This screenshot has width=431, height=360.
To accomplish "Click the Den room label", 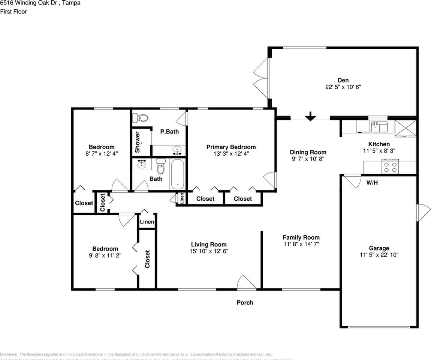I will click(343, 80).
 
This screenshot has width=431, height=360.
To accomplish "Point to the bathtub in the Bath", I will click(177, 174).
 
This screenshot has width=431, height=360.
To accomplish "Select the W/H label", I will click(372, 183).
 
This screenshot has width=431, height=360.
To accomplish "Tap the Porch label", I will click(245, 303).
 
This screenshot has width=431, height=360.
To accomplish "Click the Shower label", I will click(138, 142).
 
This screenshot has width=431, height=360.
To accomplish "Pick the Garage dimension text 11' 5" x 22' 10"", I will click(379, 255).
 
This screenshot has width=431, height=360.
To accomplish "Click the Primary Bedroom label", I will click(231, 147).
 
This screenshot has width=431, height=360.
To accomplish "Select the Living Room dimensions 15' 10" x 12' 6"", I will click(209, 251).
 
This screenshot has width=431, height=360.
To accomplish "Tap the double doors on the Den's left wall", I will click(261, 78).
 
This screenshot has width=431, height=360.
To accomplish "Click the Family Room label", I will click(301, 237).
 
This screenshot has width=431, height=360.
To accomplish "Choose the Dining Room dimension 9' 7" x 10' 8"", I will click(308, 159).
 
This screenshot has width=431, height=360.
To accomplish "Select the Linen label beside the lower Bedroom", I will click(147, 222).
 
